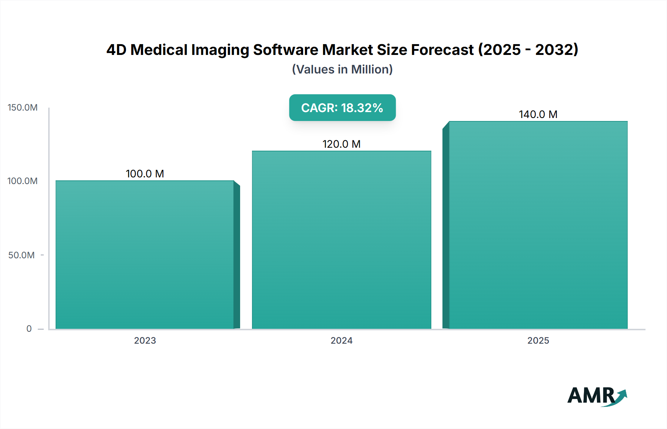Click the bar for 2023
145,255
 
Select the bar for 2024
341,240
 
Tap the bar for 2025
538,225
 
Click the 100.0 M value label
145,174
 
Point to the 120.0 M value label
341,144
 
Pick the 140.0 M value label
538,114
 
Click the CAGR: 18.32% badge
342,108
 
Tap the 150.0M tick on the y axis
23,108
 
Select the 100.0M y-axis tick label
23,181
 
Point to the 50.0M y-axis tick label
21,255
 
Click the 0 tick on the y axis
29,329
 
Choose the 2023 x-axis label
145,341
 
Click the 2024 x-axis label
341,341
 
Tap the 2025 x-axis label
538,341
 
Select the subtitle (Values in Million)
342,69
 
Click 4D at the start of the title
116,50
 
